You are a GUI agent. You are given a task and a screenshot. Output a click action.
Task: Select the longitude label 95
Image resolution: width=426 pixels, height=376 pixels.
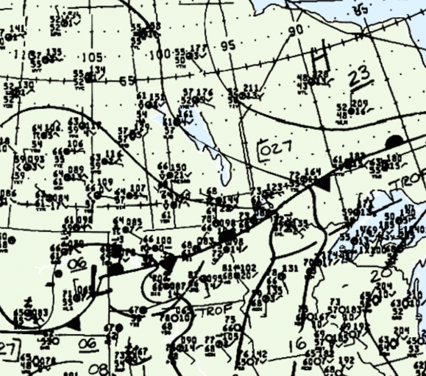[227, 46]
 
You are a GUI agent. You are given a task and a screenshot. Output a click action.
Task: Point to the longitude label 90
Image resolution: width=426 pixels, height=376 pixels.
[296, 30]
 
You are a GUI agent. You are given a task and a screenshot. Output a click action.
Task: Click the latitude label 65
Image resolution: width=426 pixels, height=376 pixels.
[127, 81]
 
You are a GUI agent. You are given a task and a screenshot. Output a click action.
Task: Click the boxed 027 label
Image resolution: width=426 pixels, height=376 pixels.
[273, 149]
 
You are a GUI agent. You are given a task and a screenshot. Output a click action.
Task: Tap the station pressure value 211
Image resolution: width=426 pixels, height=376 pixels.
[251, 88]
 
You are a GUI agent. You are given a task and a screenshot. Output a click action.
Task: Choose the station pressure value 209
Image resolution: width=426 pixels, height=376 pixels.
[359, 103]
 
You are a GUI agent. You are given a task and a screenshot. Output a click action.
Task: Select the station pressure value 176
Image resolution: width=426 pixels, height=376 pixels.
[205, 92]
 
